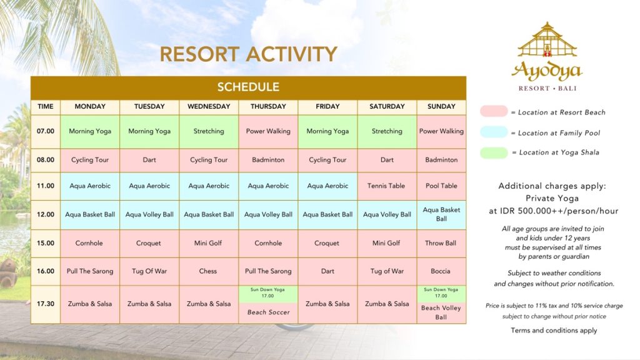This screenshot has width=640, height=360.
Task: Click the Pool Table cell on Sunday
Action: tap(441, 186)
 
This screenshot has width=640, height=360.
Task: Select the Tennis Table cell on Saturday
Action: tap(386, 186)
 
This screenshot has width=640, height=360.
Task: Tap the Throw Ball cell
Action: tap(441, 243)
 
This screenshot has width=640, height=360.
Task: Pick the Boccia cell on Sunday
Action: tap(441, 271)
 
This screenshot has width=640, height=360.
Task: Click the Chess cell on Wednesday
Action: tap(209, 271)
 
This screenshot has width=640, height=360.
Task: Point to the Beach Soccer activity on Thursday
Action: tap(268, 312)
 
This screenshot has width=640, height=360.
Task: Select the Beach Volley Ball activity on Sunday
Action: tap(441, 312)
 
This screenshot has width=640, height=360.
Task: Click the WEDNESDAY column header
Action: tap(209, 106)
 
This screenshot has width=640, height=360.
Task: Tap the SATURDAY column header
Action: tap(386, 106)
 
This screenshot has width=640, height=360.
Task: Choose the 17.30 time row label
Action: tap(45, 304)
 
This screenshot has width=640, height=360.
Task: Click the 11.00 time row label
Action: tap(45, 186)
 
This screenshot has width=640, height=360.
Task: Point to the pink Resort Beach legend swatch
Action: tap(494, 111)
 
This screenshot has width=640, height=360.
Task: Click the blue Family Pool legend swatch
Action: tap(494, 132)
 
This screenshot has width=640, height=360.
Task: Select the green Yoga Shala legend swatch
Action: tap(494, 152)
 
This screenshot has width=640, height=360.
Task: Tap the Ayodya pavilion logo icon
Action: tap(547, 40)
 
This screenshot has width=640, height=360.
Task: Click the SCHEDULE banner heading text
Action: tap(248, 87)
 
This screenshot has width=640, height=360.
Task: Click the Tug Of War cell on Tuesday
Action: tap(149, 271)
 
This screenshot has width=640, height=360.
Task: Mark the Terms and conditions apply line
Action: tap(554, 331)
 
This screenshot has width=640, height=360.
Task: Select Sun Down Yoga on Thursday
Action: tap(268, 292)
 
